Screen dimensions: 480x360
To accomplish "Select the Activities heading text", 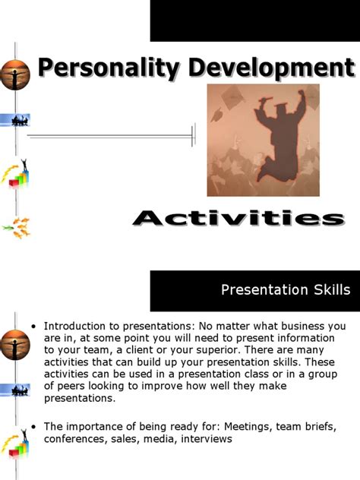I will pyautogui.click(x=238, y=219).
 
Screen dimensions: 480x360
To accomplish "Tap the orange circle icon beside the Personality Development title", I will pyautogui.click(x=14, y=73).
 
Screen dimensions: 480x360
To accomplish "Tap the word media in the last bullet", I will pyautogui.click(x=154, y=438).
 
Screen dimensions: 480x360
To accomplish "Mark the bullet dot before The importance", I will pyautogui.click(x=33, y=427).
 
